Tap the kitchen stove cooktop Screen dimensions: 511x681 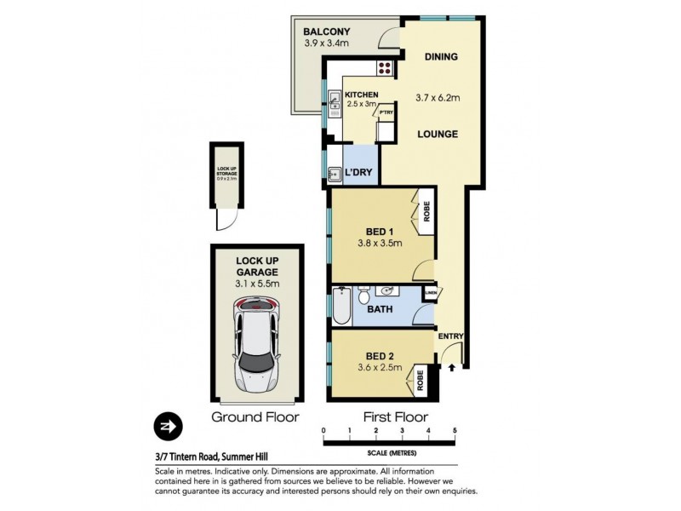(384, 70)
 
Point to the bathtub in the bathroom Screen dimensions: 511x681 (341, 307)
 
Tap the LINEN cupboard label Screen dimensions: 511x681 (430, 294)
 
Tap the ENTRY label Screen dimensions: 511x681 (450, 336)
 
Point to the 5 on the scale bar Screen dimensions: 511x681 (455, 430)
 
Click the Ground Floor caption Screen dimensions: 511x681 (255, 417)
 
